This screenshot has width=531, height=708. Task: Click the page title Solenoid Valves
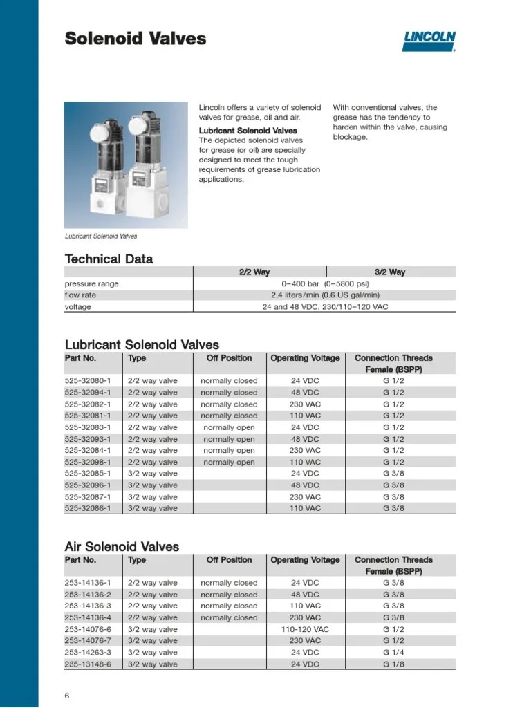coord(136,38)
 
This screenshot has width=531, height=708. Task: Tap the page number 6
coord(67,696)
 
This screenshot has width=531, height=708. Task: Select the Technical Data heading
coord(109,259)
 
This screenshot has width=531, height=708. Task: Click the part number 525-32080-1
coord(92,381)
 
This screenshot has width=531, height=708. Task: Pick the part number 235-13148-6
coord(92,664)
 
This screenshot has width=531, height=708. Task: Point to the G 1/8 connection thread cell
coord(393,664)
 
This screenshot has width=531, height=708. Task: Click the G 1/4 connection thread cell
coord(393,653)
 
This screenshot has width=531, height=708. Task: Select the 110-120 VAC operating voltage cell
coord(305,630)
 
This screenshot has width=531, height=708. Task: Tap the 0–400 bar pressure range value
coord(325,283)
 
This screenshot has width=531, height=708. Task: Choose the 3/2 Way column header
coord(390,272)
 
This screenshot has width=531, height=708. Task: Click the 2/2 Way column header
coord(254,272)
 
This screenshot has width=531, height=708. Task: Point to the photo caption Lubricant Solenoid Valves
coord(101,236)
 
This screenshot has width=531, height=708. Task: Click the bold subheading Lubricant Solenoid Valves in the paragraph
coord(248,130)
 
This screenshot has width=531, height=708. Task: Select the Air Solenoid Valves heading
coord(122,547)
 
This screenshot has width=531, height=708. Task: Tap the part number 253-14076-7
coord(92,641)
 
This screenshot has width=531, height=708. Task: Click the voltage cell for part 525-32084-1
coord(305,451)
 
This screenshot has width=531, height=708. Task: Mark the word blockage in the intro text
coord(350,137)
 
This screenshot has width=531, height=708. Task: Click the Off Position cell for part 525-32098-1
coord(229,462)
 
